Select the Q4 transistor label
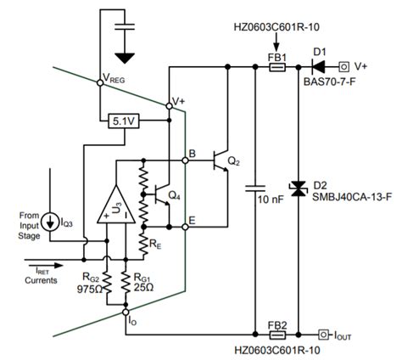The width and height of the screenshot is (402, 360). (174, 196)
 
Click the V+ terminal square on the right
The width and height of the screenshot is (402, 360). (345, 65)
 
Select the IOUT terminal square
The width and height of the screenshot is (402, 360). (323, 333)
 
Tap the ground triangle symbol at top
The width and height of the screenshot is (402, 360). (126, 58)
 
